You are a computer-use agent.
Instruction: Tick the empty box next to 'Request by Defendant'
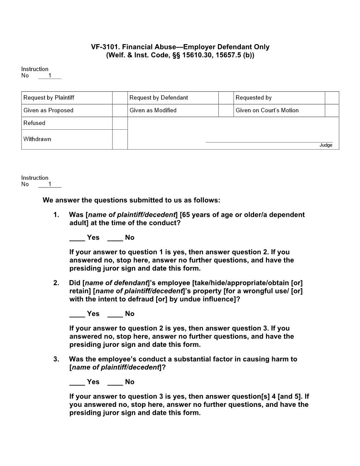[226, 98]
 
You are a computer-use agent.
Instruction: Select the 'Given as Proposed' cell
[48, 110]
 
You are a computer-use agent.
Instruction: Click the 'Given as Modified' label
[153, 110]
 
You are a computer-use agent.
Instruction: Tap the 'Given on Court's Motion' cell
[267, 110]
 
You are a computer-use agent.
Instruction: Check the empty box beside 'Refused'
[120, 123]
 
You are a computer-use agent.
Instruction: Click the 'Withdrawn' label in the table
[37, 139]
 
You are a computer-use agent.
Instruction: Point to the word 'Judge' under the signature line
[326, 145]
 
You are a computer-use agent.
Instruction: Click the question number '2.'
[56, 282]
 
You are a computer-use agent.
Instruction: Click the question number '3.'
[56, 359]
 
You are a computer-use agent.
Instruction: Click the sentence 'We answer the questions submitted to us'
[131, 200]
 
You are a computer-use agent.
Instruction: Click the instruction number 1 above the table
[50, 75]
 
